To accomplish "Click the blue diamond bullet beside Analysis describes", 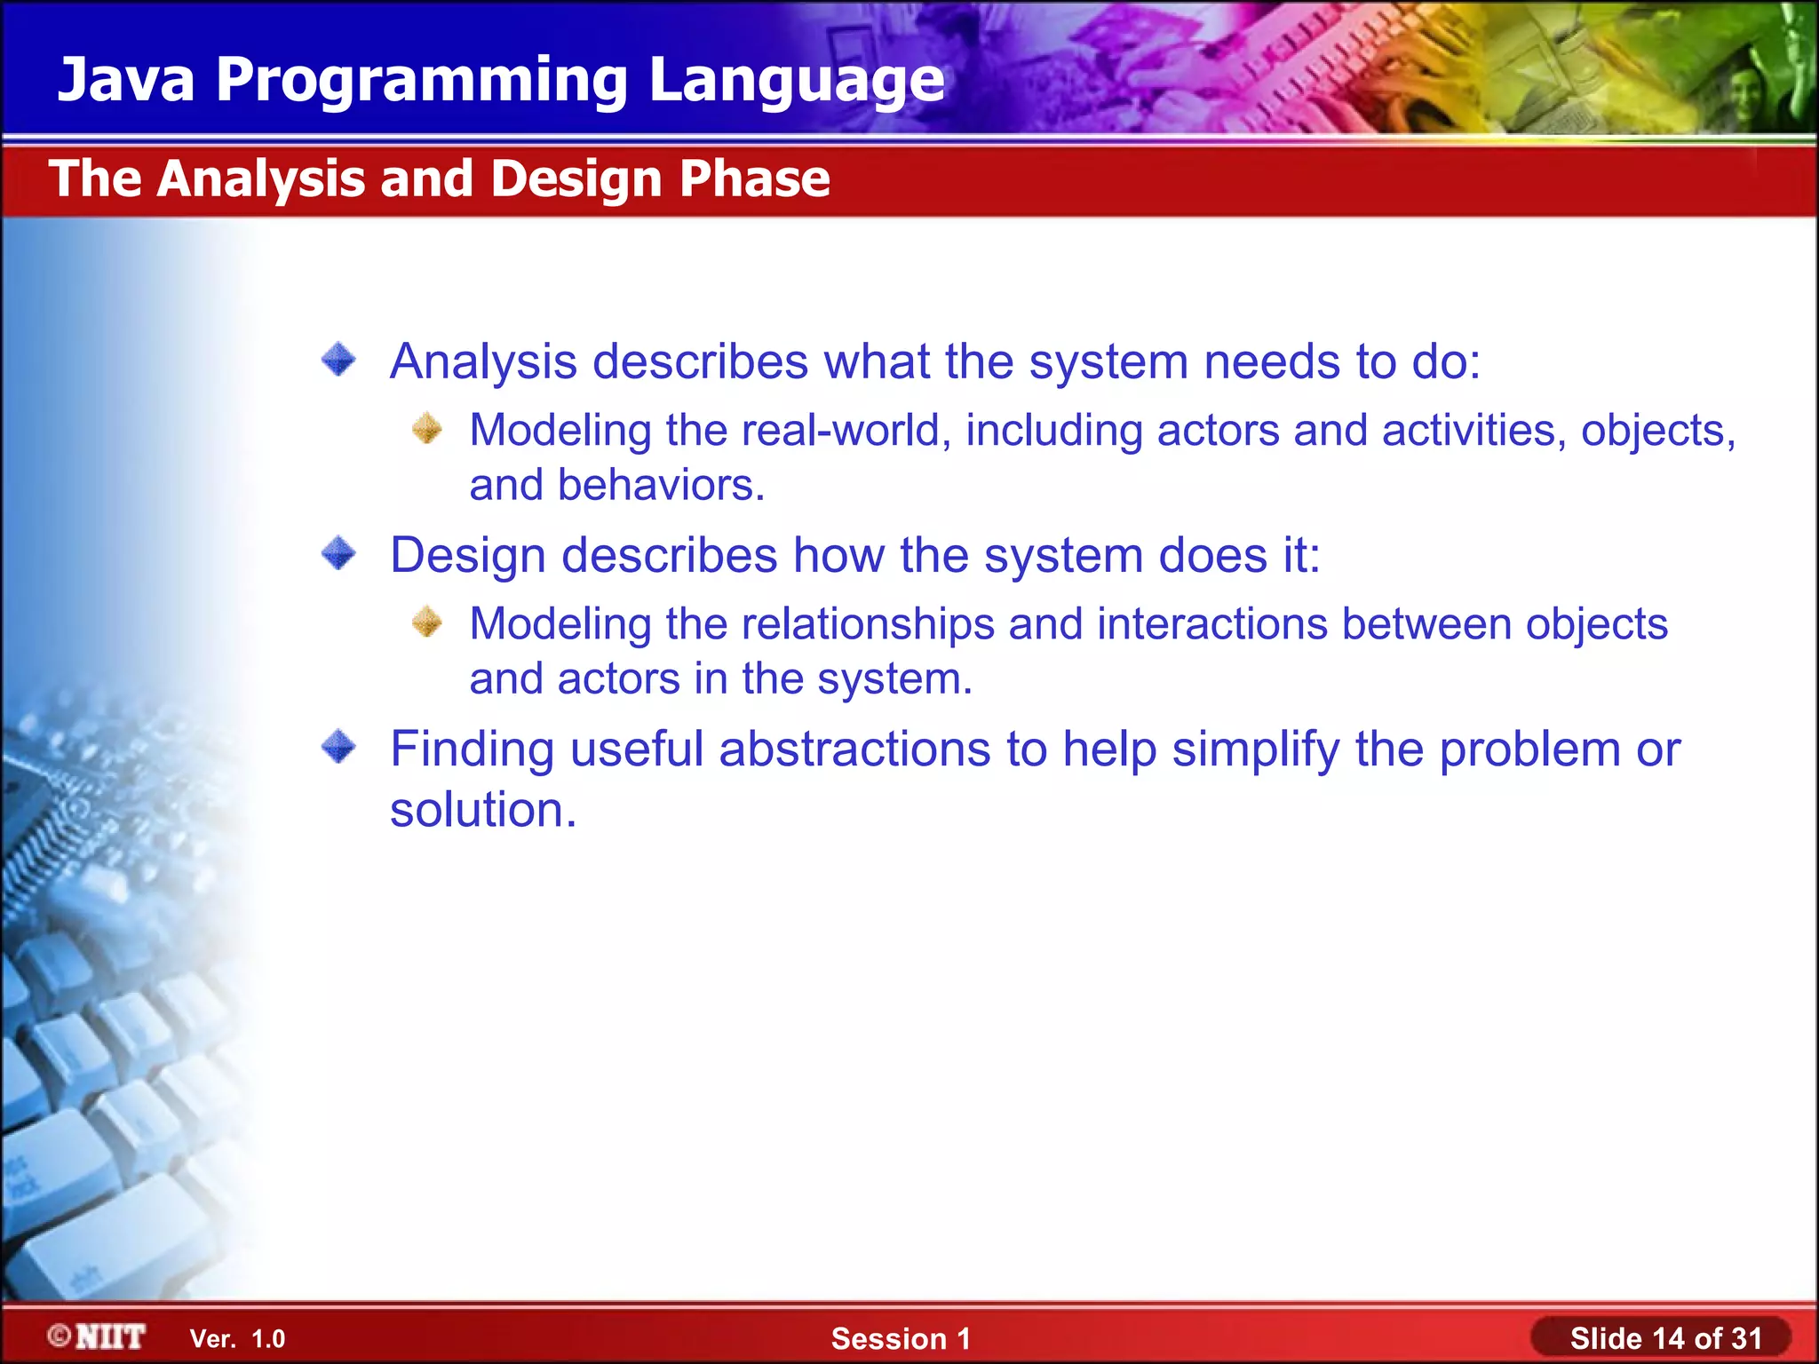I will pos(338,360).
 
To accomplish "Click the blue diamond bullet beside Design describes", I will pos(338,553).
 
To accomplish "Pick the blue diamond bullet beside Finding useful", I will pos(338,747).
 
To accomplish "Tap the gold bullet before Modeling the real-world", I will pos(427,428).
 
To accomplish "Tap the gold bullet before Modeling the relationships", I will pos(427,622).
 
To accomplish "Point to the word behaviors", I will pos(661,486).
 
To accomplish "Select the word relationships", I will pos(868,624).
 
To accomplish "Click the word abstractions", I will pos(854,749).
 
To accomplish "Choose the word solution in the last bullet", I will pos(483,810).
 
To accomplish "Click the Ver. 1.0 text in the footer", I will pos(237,1338).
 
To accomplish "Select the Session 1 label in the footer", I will pos(901,1338).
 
